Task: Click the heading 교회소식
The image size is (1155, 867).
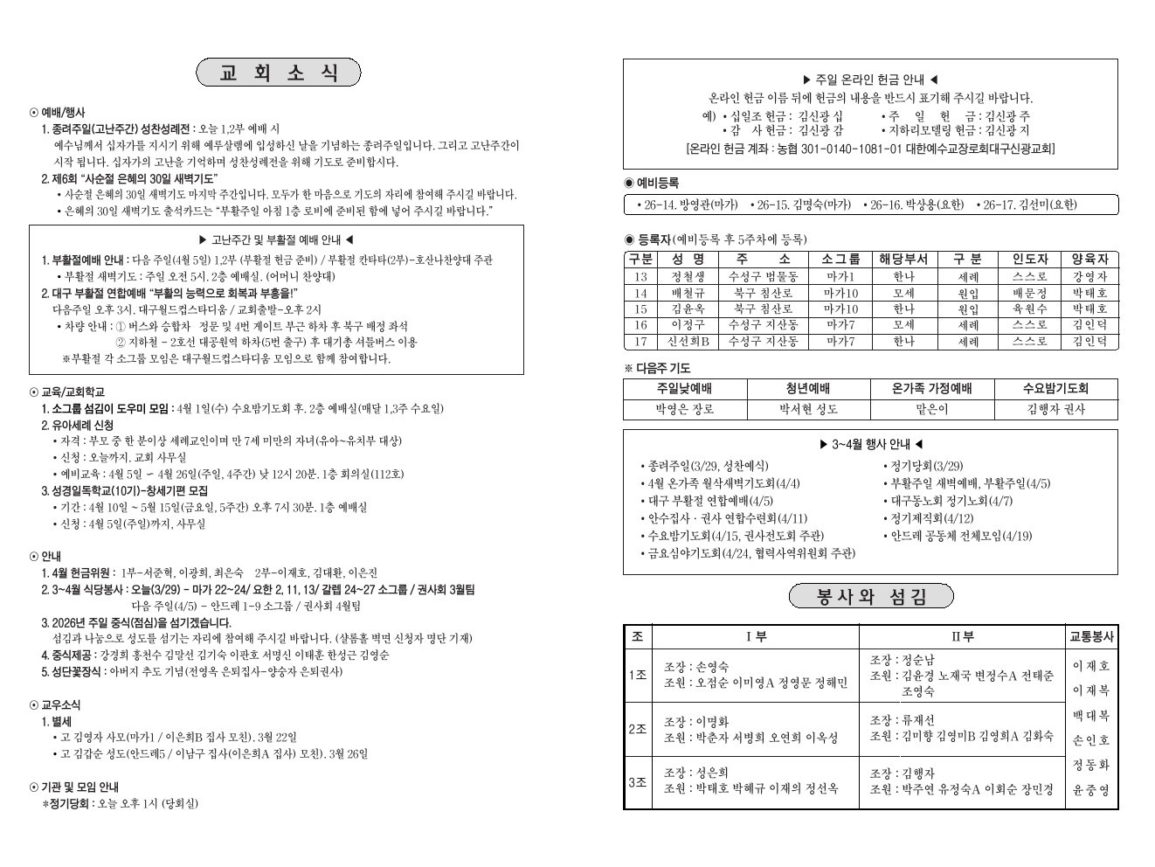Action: coord(279,73)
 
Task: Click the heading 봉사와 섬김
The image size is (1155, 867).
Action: coord(871,597)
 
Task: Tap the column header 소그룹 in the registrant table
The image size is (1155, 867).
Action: coord(840,260)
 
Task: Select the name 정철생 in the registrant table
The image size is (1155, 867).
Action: coord(688,276)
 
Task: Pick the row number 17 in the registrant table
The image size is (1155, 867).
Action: coord(640,342)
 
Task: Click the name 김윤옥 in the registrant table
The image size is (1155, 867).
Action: coord(688,309)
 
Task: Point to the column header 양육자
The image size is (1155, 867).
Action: coord(1089,260)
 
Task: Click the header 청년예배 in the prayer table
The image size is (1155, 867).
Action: coord(807,389)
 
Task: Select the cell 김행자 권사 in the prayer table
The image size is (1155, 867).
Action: coord(1055,409)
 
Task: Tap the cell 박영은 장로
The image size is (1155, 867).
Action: coord(685,409)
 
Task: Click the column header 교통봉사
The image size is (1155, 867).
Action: coord(1091,637)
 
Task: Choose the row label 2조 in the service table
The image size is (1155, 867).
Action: coord(638,729)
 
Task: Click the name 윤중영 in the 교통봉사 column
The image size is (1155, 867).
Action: coord(1091,790)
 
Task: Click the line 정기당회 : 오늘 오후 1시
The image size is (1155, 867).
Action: coord(122,803)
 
